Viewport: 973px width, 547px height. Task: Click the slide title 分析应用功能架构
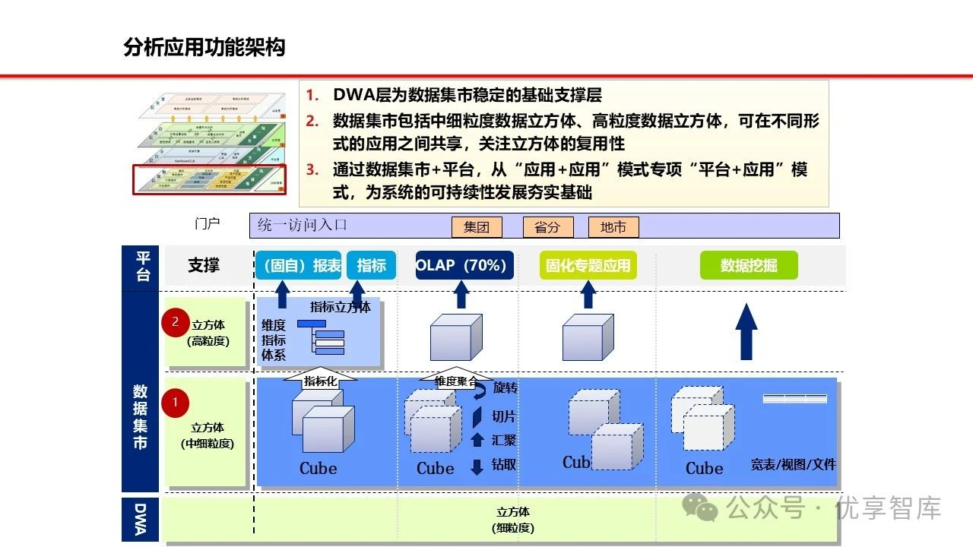tap(204, 48)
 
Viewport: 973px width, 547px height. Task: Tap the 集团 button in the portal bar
tap(477, 227)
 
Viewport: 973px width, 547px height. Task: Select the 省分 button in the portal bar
tap(547, 227)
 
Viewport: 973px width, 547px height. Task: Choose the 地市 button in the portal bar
tap(613, 227)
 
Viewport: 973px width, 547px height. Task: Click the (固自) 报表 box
tap(303, 265)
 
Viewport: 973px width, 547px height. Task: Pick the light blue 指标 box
tap(372, 265)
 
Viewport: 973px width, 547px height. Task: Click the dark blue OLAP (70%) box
tap(464, 265)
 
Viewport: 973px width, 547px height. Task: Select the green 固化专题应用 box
tap(588, 265)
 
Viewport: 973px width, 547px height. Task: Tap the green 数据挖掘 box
tap(749, 265)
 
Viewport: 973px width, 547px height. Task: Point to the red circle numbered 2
tap(175, 322)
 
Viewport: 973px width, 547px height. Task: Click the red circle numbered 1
tap(175, 402)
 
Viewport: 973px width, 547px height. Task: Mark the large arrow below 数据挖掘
tap(748, 331)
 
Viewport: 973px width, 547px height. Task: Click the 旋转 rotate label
tap(505, 388)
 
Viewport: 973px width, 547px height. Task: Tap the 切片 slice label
tap(504, 416)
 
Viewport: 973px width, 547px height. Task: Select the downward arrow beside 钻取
tap(477, 466)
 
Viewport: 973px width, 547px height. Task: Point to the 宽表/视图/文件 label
tap(793, 464)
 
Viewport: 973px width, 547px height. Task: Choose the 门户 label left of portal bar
tap(207, 224)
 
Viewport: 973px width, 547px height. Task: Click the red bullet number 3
tap(312, 169)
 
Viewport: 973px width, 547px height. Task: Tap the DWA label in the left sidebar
tap(141, 520)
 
